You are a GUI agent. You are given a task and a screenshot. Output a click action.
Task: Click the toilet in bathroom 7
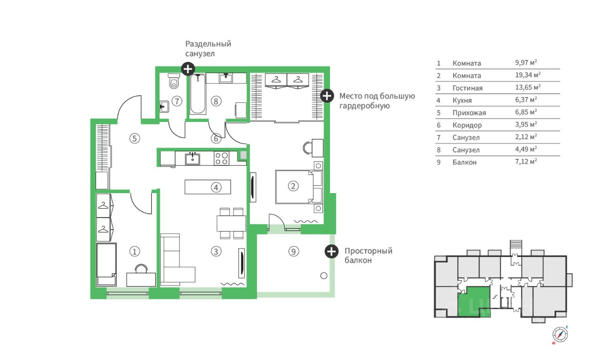(174, 81)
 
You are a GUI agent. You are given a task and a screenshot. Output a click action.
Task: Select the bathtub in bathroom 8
(198, 94)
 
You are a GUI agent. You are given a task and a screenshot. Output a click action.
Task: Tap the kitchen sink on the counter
(192, 158)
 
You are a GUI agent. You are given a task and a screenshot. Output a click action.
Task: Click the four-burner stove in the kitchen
(222, 158)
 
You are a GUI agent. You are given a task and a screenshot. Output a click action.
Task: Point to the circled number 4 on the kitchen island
(216, 187)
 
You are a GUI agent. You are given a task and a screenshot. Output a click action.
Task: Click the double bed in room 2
(299, 187)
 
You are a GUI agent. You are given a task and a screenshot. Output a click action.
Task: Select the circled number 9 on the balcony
(293, 252)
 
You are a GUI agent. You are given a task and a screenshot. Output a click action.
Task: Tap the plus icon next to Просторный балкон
(331, 252)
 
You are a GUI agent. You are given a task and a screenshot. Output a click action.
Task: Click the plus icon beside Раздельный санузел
(188, 69)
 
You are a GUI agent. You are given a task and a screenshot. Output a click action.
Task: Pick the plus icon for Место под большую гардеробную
(327, 96)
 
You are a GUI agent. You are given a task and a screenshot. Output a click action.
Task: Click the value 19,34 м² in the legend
(528, 75)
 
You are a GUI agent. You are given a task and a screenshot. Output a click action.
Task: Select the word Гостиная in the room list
(467, 88)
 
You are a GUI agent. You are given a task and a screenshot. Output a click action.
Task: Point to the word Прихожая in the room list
(469, 113)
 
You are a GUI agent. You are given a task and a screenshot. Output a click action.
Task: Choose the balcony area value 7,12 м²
(526, 162)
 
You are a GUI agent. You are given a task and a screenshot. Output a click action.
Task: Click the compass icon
(560, 335)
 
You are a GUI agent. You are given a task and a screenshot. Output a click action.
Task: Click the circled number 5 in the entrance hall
(135, 138)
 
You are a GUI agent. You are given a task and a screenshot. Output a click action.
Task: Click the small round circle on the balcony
(324, 276)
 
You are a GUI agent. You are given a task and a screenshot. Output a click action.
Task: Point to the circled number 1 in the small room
(135, 252)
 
